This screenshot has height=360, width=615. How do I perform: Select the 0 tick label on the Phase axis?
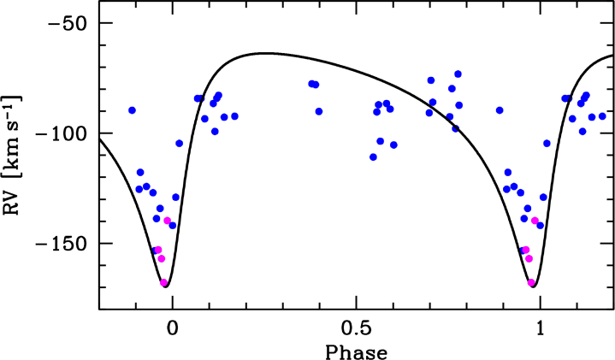click(172, 328)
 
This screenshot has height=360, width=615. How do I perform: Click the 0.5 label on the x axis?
click(356, 328)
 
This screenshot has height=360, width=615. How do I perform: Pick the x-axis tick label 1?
click(540, 328)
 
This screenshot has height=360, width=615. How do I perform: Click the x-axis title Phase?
click(356, 351)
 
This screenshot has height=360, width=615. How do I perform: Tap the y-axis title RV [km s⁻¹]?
click(12, 155)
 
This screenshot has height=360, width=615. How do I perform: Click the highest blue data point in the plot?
click(458, 74)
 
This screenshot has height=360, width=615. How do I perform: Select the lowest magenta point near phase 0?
click(163, 282)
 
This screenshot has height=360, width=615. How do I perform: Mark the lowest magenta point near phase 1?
click(531, 282)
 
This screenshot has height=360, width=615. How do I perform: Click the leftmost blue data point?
click(133, 110)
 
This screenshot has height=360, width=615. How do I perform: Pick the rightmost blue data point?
click(602, 116)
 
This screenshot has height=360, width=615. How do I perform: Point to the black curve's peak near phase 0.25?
click(263, 53)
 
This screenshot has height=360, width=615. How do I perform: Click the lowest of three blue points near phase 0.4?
click(319, 111)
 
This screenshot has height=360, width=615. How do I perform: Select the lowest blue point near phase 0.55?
click(374, 157)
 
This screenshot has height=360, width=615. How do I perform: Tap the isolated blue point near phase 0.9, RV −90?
click(500, 110)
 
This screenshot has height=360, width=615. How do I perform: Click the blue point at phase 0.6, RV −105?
click(393, 145)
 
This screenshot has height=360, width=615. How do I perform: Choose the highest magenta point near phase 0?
click(167, 221)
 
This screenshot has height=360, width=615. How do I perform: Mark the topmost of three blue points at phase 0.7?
click(431, 80)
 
